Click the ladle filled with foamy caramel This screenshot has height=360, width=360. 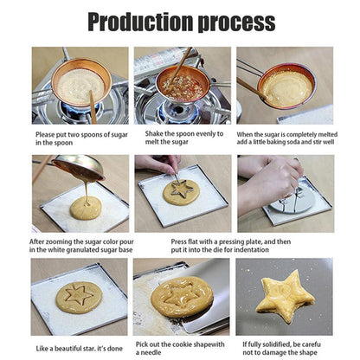[x=286, y=87]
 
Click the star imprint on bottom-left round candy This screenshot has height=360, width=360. [x=79, y=296]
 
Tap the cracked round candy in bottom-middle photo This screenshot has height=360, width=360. [x=181, y=296]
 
